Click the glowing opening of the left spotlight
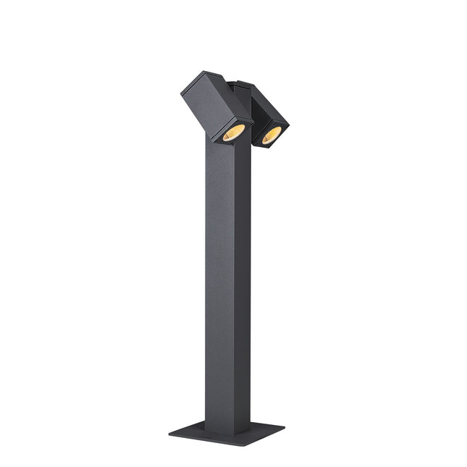click(232, 132)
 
